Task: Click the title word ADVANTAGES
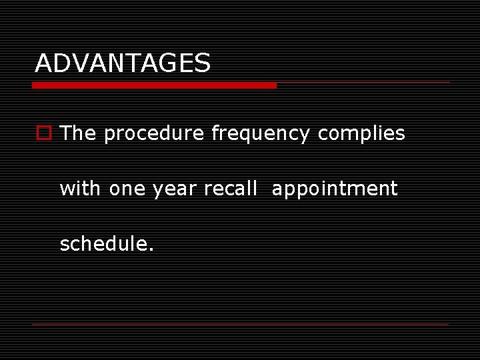123,63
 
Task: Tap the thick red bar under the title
154,85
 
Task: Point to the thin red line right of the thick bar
363,83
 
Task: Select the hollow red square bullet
43,133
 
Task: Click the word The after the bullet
78,133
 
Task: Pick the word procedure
154,134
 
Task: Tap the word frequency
261,134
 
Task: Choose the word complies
361,134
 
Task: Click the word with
81,189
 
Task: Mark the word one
128,189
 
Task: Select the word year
175,189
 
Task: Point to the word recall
230,189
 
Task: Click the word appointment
335,189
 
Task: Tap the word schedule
103,244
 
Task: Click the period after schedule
151,250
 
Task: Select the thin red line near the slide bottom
240,324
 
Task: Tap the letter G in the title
166,63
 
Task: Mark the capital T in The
65,133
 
